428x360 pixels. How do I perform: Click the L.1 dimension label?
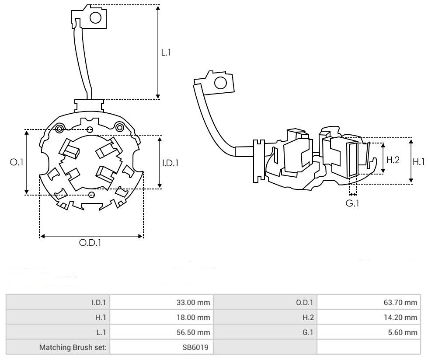pos(166,52)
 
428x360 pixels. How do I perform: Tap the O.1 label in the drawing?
pos(16,162)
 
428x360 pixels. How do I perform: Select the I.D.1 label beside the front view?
pos(171,163)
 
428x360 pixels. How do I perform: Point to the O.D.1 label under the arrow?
pos(90,243)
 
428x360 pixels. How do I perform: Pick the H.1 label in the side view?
pos(419,161)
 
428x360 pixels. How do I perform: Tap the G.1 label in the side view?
pos(352,203)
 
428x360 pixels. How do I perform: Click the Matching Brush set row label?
pos(75,348)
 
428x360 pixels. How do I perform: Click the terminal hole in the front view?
pos(95,17)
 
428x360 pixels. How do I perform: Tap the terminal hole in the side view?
pos(220,83)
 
